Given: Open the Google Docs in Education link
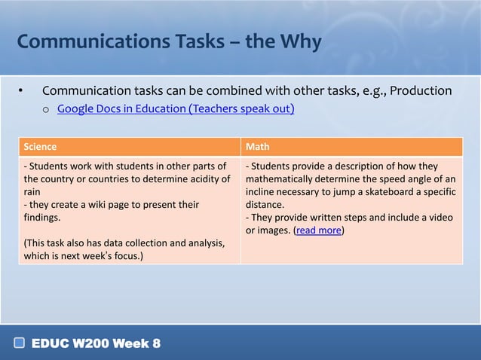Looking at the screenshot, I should click(175, 109).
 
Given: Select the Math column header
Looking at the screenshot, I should click(257, 147).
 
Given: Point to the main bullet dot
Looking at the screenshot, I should click(21, 92).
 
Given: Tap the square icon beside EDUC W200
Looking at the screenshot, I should click(20, 344).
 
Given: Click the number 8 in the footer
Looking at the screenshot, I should click(156, 344).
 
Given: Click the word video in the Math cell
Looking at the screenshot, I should click(442, 218).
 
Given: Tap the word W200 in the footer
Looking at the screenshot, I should click(92, 344).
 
